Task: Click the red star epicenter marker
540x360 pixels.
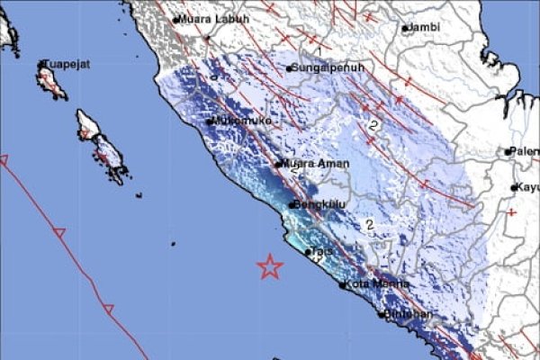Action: click(x=269, y=266)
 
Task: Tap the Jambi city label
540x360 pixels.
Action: click(x=424, y=28)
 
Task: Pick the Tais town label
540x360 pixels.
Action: click(x=321, y=252)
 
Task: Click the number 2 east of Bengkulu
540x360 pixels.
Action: click(x=368, y=224)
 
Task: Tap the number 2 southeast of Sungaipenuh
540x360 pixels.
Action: click(x=373, y=126)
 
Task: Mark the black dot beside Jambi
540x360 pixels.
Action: click(x=406, y=28)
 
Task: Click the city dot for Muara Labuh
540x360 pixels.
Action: click(x=175, y=19)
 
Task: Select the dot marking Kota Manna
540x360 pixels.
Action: click(x=343, y=285)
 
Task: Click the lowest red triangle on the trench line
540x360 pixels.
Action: click(x=108, y=309)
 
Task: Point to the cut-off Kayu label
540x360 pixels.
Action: click(x=526, y=187)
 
